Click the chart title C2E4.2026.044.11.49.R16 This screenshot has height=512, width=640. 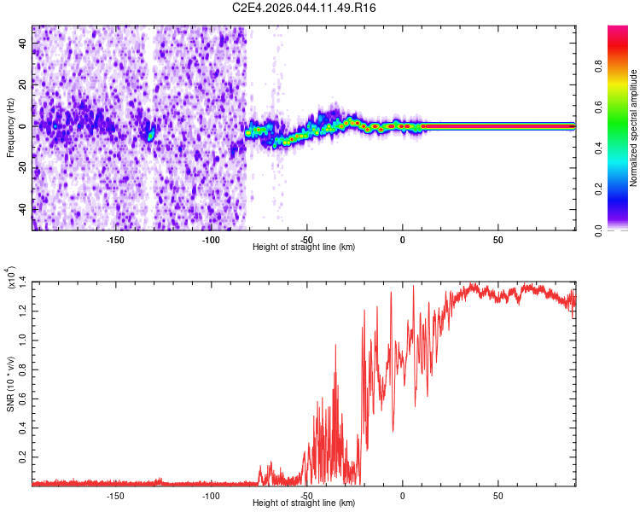[305, 8]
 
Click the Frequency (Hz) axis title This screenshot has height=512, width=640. [10, 128]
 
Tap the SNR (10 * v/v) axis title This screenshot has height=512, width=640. [10, 381]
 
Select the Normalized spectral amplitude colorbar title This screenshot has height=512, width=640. [634, 128]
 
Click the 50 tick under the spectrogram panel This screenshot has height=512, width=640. [497, 239]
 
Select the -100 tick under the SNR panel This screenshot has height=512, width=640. [212, 495]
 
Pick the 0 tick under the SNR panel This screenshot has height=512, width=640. [402, 495]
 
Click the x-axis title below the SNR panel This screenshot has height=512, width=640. [304, 503]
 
